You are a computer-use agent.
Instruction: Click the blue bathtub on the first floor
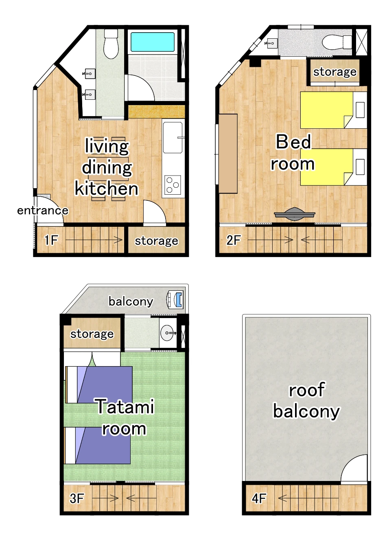[152, 42]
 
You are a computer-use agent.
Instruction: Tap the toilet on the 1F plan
[111, 44]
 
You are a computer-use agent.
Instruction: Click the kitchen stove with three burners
[173, 184]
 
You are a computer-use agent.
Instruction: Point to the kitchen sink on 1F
[173, 137]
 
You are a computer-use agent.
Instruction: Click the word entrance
[43, 211]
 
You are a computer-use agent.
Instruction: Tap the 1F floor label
[51, 240]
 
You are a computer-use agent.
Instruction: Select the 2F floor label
[234, 240]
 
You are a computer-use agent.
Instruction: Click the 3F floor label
[77, 498]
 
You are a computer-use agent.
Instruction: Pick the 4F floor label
[259, 498]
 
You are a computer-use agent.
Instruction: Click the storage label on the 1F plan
[156, 241]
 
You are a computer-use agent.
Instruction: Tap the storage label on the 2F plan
[335, 72]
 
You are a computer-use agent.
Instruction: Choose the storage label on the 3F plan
[92, 334]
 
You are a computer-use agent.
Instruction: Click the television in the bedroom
[295, 214]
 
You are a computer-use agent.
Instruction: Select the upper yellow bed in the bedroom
[327, 110]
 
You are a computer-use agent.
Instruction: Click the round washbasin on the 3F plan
[168, 333]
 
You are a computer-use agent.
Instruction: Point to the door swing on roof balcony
[354, 468]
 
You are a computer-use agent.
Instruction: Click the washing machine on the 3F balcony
[176, 300]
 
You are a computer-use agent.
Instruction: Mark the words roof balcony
[306, 400]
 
